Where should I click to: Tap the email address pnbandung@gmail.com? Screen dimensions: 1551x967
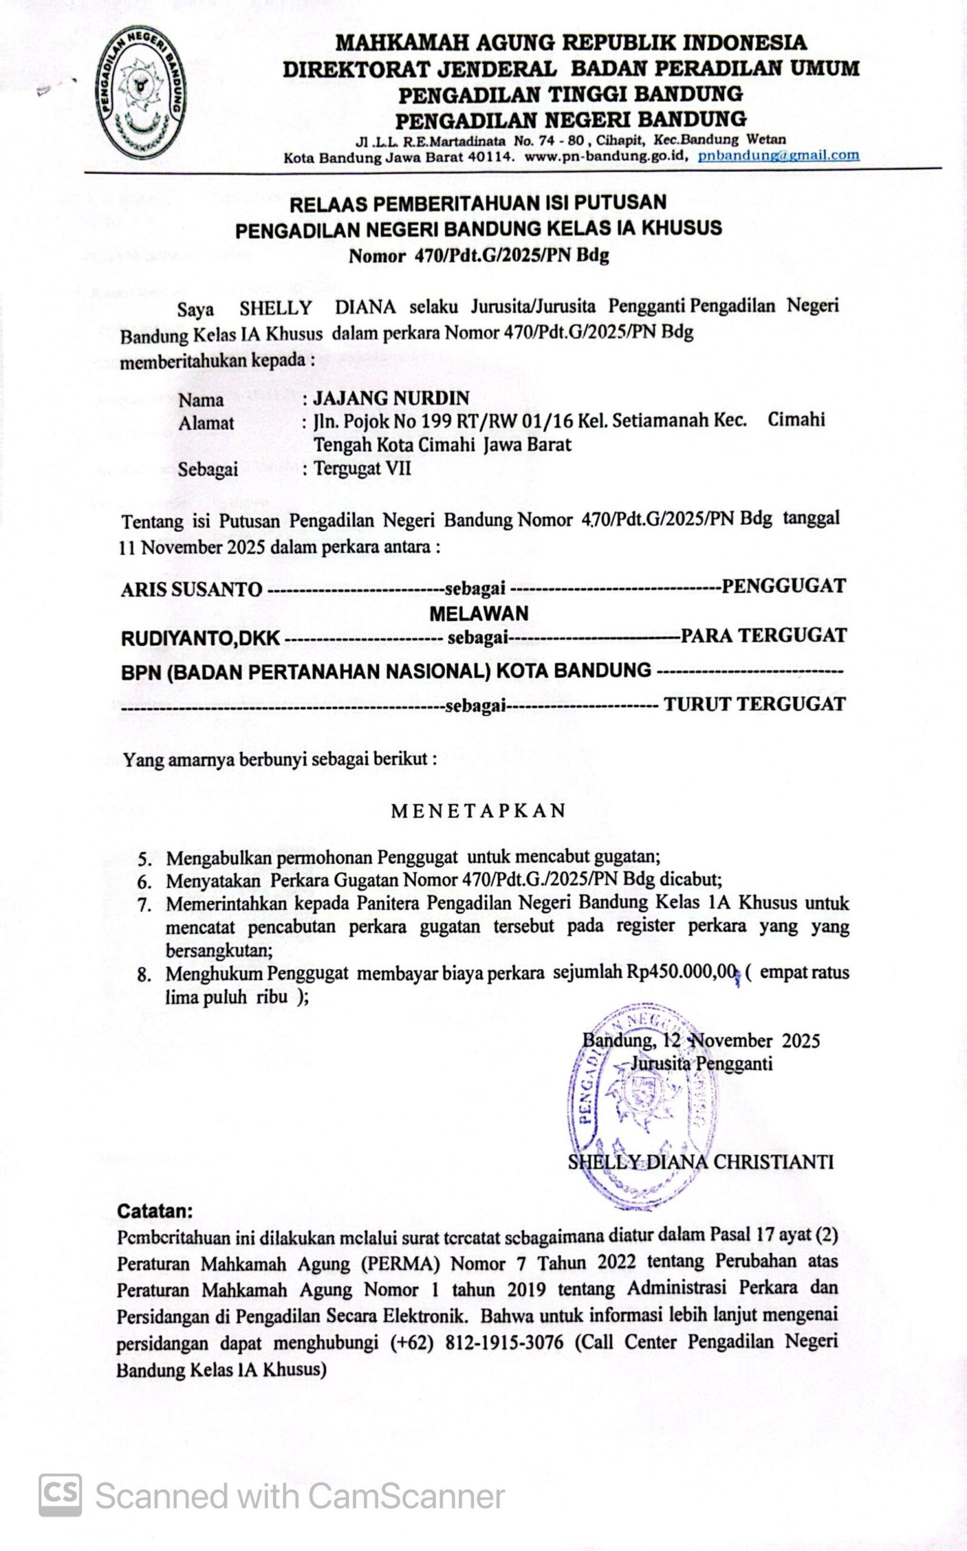(x=778, y=155)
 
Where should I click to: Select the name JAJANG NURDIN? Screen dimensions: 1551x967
(x=391, y=398)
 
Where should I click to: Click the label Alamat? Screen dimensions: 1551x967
(x=206, y=423)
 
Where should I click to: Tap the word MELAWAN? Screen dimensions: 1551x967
(x=479, y=614)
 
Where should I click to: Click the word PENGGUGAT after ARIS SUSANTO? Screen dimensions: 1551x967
(x=784, y=586)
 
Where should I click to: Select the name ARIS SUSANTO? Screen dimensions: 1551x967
(x=191, y=590)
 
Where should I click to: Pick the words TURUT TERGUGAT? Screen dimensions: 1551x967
(x=754, y=705)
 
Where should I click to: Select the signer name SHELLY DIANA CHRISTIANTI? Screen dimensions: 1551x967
(x=701, y=1162)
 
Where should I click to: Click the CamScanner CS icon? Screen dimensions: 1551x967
(x=60, y=1495)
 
